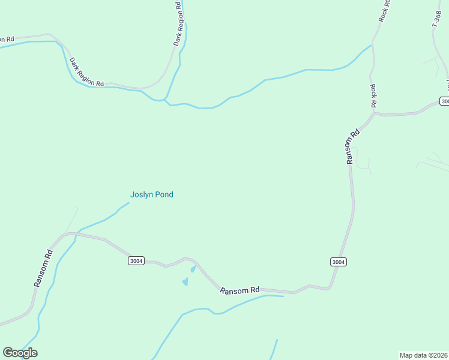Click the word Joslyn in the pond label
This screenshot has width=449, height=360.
(x=142, y=194)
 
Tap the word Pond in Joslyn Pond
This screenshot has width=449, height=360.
(x=164, y=194)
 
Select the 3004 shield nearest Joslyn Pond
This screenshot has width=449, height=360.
(x=136, y=261)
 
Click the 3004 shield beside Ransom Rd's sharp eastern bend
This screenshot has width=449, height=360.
(x=339, y=262)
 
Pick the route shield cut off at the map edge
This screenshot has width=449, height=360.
(x=445, y=101)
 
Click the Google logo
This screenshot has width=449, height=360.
(x=20, y=353)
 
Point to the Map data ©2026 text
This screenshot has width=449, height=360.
(x=424, y=355)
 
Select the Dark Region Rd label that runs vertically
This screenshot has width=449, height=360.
(x=178, y=24)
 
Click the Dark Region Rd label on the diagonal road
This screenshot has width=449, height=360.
(x=86, y=73)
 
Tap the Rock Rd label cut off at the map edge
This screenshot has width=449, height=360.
(x=384, y=11)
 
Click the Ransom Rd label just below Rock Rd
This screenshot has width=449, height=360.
(x=352, y=146)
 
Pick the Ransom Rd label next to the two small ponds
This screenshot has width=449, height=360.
(x=240, y=290)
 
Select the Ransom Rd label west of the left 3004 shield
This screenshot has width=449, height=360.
(x=43, y=268)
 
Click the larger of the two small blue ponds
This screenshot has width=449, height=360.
(x=185, y=281)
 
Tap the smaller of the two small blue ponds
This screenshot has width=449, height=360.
(x=193, y=269)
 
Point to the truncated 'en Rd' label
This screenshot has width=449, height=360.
(x=5, y=40)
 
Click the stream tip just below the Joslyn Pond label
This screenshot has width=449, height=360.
(x=128, y=204)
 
